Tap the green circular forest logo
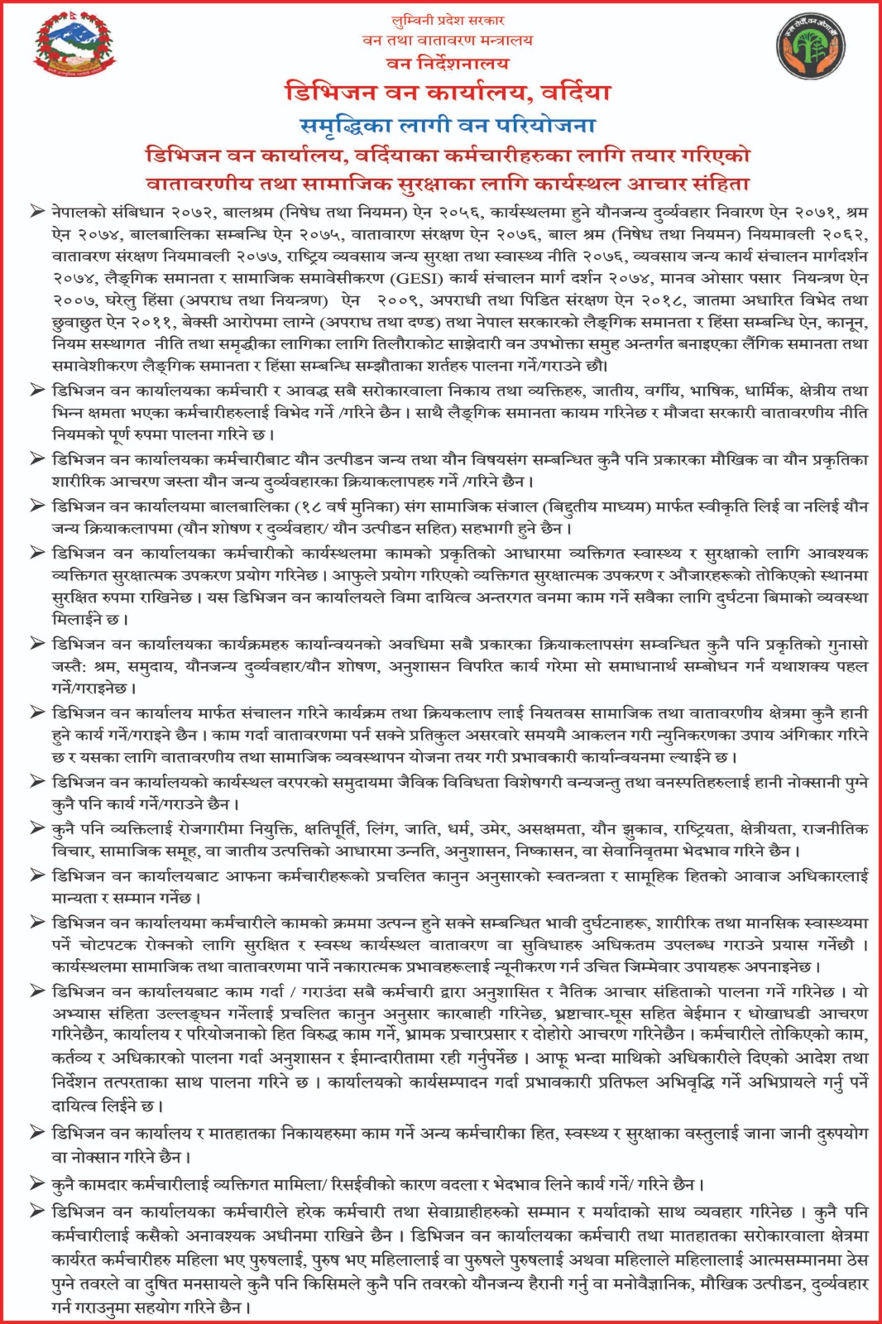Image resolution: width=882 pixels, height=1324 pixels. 810,50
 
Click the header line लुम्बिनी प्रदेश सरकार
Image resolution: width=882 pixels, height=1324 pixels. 448,20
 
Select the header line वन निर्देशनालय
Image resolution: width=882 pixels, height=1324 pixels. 448,63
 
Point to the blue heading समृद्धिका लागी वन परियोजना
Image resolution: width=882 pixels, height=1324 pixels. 448,126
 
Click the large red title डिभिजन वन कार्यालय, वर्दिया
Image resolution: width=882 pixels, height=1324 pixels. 448,92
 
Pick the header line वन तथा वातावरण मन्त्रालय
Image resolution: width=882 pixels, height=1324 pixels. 448,40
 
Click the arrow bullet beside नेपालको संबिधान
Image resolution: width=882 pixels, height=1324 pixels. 37,212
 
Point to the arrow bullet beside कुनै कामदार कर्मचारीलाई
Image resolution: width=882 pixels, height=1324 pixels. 37,1184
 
